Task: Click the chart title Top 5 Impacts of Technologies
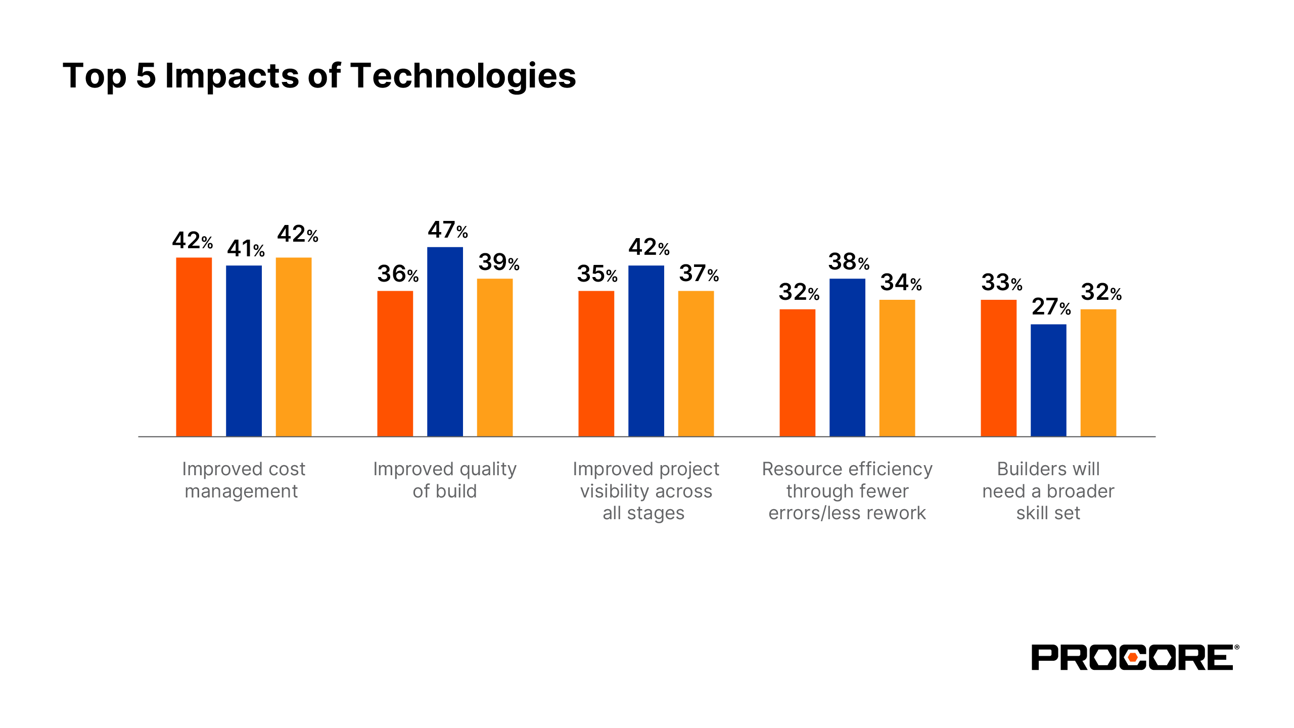click(319, 76)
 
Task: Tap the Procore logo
click(1135, 657)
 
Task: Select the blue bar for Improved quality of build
click(445, 342)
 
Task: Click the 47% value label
click(448, 231)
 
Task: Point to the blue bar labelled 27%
click(1048, 380)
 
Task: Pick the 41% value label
click(246, 249)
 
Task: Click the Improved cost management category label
click(243, 480)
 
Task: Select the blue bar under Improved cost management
click(244, 351)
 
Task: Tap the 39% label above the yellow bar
click(499, 262)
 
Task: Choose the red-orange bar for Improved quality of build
click(395, 363)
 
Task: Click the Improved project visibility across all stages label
click(645, 491)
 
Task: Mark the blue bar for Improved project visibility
click(646, 351)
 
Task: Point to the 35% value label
click(597, 274)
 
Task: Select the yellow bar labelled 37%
click(696, 363)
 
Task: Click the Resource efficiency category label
click(847, 491)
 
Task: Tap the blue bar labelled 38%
click(847, 357)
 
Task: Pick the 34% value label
click(901, 283)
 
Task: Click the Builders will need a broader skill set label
click(1048, 491)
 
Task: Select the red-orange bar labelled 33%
click(998, 368)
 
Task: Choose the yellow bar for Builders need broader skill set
click(1098, 373)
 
